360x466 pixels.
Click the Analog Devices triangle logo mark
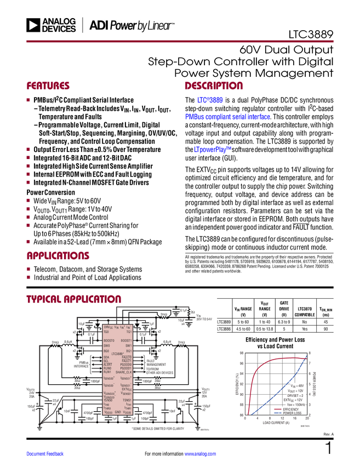click(33, 25)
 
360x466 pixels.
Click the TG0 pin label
click(106, 332)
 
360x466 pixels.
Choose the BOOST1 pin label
click(126, 340)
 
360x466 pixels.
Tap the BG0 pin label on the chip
click(106, 350)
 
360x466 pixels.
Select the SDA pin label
click(106, 357)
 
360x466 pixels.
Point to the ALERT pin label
click(108, 365)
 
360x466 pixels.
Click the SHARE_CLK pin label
click(124, 372)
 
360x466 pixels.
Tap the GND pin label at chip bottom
click(117, 412)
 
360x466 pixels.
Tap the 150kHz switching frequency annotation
click(296, 405)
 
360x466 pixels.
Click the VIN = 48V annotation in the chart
click(295, 386)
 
